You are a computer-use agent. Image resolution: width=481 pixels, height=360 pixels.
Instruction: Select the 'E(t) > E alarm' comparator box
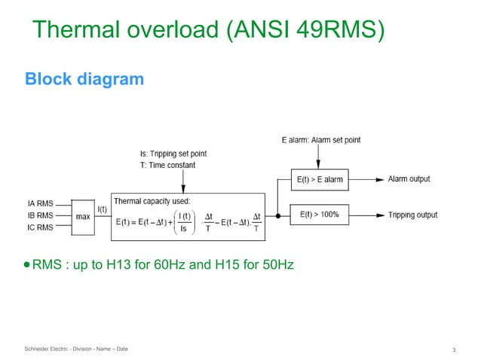click(320, 180)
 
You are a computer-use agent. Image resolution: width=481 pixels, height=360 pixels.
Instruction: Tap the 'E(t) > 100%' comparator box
click(320, 215)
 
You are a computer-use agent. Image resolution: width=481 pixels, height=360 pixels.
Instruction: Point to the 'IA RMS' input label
click(40, 203)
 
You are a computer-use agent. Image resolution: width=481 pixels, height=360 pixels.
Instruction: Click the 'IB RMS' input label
click(40, 215)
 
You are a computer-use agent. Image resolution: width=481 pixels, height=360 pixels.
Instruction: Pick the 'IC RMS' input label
click(40, 227)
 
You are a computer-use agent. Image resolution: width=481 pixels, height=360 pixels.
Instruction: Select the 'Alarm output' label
click(409, 179)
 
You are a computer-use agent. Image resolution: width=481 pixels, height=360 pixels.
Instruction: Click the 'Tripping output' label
click(412, 215)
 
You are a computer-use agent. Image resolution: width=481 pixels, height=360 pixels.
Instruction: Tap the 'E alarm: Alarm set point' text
click(320, 140)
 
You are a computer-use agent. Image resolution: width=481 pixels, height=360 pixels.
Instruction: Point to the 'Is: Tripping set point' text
click(171, 154)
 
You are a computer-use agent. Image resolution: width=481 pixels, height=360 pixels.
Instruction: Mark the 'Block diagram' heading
click(84, 78)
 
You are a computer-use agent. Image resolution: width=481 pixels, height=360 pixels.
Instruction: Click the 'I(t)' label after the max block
click(102, 208)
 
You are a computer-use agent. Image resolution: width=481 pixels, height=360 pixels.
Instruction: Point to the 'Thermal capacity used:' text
click(152, 201)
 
